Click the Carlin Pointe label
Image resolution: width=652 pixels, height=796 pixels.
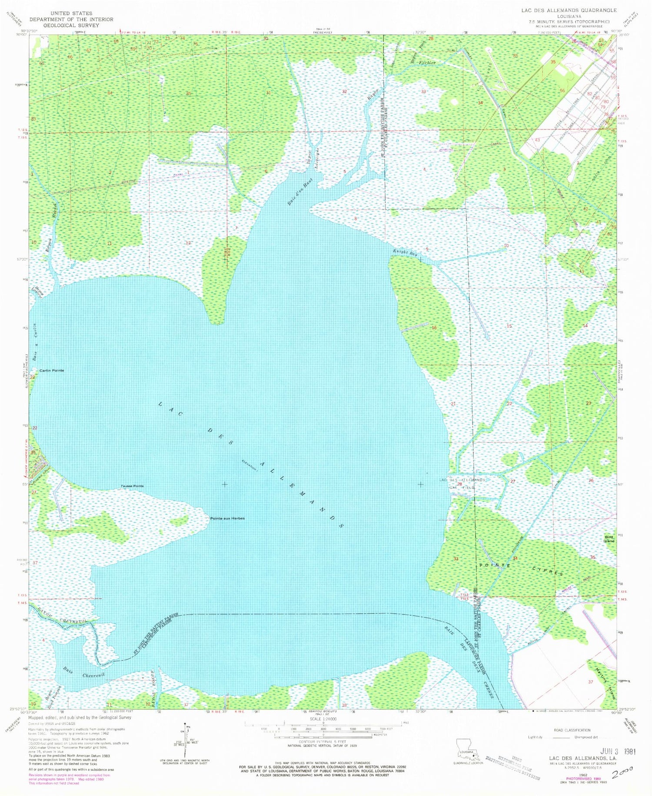pyautogui.click(x=51, y=370)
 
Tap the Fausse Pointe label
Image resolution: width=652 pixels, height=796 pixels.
pyautogui.click(x=133, y=486)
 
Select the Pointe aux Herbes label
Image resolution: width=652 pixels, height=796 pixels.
pyautogui.click(x=227, y=518)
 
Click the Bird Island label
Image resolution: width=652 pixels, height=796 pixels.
pyautogui.click(x=609, y=539)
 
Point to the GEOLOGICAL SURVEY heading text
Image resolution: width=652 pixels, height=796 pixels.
pyautogui.click(x=65, y=25)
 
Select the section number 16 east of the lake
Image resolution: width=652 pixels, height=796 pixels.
pyautogui.click(x=434, y=328)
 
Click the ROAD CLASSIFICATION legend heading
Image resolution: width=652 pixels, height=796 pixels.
pyautogui.click(x=572, y=730)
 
